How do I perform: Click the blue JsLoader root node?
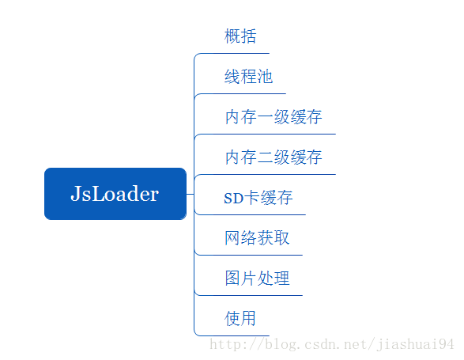(115, 194)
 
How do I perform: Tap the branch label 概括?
(241, 36)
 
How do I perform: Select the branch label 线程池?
(249, 77)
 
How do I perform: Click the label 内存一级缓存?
(273, 117)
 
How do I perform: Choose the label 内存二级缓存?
(273, 157)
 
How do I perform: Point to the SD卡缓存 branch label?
(258, 198)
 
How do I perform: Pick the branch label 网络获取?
(257, 238)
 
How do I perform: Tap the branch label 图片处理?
(257, 279)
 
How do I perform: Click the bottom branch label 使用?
(240, 319)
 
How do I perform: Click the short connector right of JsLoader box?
(190, 194)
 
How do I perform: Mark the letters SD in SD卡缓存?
(232, 199)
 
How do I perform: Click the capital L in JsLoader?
(99, 194)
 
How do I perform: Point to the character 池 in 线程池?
(265, 77)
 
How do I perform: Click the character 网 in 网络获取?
(232, 238)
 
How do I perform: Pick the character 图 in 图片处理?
(232, 279)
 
